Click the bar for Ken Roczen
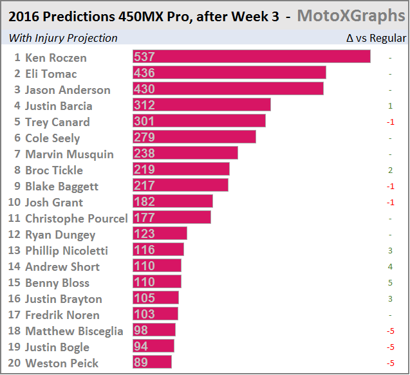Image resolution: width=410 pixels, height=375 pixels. [x=251, y=57]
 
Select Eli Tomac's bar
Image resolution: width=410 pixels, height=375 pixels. [x=229, y=73]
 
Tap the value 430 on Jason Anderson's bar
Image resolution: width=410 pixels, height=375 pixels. [x=144, y=89]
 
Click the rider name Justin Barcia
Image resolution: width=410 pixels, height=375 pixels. [x=59, y=106]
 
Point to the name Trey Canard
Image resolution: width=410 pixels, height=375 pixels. [x=57, y=122]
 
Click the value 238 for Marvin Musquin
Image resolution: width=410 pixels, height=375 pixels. [x=144, y=154]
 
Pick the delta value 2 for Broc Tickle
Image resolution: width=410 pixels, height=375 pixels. [x=390, y=170]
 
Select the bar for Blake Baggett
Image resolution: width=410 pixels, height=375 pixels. [x=181, y=186]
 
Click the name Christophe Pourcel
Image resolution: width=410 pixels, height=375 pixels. [x=76, y=219]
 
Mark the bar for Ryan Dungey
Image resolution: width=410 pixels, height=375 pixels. [x=160, y=234]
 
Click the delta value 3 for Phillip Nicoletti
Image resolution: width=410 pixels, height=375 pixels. [x=390, y=251]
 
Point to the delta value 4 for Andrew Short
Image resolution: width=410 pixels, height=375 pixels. [x=390, y=267]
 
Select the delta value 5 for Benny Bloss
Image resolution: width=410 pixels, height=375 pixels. [x=390, y=283]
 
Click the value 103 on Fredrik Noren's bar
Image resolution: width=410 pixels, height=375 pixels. [x=144, y=315]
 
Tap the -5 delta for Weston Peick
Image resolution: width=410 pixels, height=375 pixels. [x=390, y=363]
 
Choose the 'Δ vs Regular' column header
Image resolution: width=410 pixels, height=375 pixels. [x=376, y=39]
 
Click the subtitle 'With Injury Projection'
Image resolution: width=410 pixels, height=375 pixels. [x=63, y=39]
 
